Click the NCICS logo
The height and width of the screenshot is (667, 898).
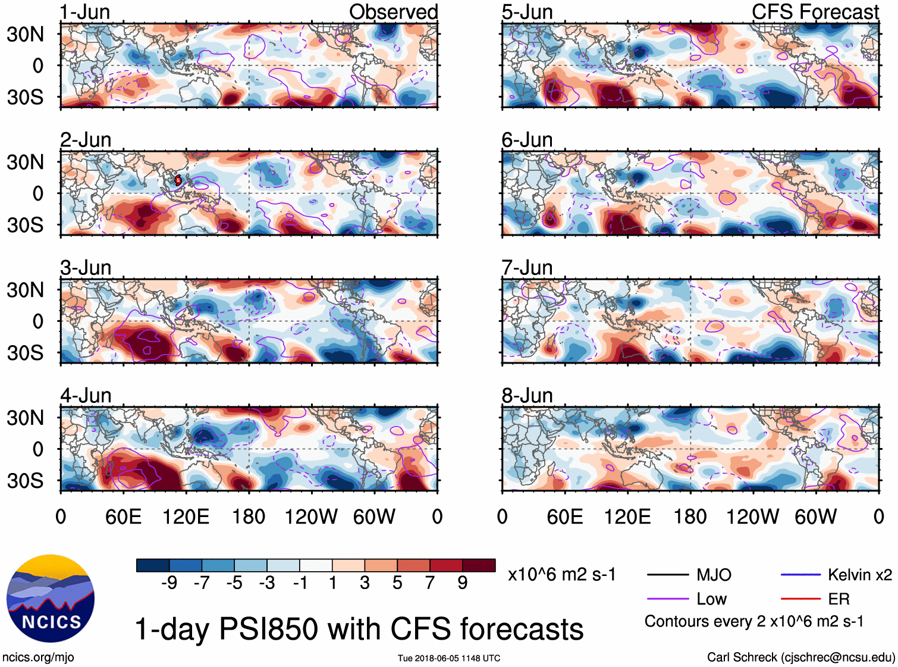pos(51,599)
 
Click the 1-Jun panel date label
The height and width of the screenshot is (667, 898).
pos(85,12)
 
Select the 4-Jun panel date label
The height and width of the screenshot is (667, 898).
pos(86,396)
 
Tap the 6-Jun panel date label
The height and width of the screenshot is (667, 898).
pos(527,140)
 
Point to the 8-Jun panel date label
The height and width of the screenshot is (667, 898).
pos(527,396)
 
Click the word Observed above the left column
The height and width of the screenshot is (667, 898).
pos(393,12)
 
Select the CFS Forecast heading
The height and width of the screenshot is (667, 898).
pos(815,12)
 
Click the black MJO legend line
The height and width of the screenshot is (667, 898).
pos(668,575)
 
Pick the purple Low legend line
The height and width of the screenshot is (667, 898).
pos(668,599)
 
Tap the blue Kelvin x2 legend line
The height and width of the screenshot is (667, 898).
pos(800,575)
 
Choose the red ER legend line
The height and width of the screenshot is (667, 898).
pos(800,599)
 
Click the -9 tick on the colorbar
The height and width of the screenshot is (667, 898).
pos(169,583)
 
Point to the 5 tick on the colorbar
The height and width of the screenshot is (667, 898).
pos(397,583)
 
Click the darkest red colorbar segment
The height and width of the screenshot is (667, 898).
pos(479,565)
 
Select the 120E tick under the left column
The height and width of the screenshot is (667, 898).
pos(186,516)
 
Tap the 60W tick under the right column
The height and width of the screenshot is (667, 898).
pos(815,516)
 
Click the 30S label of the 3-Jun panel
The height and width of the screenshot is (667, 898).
pos(25,353)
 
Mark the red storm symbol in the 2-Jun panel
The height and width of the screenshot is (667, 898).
pos(178,180)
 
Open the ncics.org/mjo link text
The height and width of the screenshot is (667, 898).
pos(38,657)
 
